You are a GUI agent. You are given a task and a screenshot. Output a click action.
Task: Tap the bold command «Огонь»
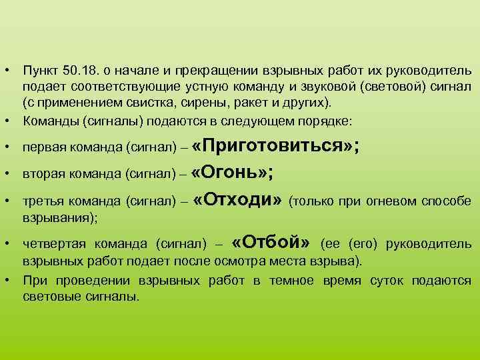pyautogui.click(x=229, y=173)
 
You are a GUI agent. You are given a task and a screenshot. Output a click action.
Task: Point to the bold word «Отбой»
pyautogui.click(x=273, y=241)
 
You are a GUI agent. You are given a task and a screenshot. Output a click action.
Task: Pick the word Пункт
pyautogui.click(x=40, y=71)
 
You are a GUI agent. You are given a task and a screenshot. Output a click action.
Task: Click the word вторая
pyautogui.click(x=43, y=175)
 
